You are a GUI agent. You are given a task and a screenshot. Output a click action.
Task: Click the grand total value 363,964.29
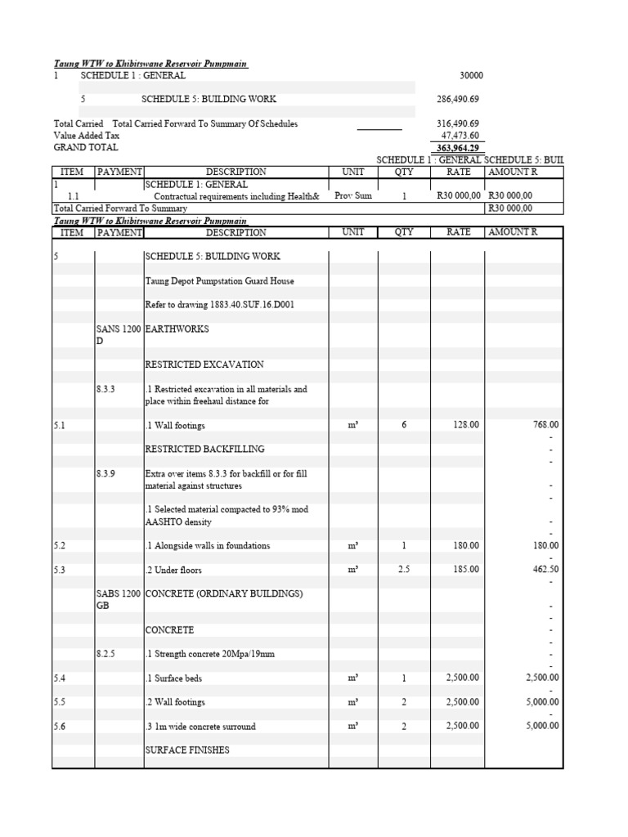click(458, 148)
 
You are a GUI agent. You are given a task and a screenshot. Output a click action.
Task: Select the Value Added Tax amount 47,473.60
click(460, 136)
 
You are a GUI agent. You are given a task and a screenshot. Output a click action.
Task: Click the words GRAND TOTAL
click(86, 148)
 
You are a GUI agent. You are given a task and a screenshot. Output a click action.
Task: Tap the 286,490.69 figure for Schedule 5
click(458, 99)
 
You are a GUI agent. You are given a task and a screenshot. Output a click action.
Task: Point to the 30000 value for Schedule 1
click(472, 75)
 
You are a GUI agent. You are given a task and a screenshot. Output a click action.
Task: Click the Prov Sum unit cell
click(353, 196)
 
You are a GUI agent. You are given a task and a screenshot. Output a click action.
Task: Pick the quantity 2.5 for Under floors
click(404, 570)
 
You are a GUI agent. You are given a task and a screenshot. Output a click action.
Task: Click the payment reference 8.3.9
click(106, 473)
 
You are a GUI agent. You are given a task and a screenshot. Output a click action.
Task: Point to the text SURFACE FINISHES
click(187, 750)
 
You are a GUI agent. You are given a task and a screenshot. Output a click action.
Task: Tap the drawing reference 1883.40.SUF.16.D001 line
click(220, 305)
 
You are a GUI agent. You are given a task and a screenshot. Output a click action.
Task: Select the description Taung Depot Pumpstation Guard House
click(219, 281)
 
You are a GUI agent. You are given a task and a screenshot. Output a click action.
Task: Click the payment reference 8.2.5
click(106, 654)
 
